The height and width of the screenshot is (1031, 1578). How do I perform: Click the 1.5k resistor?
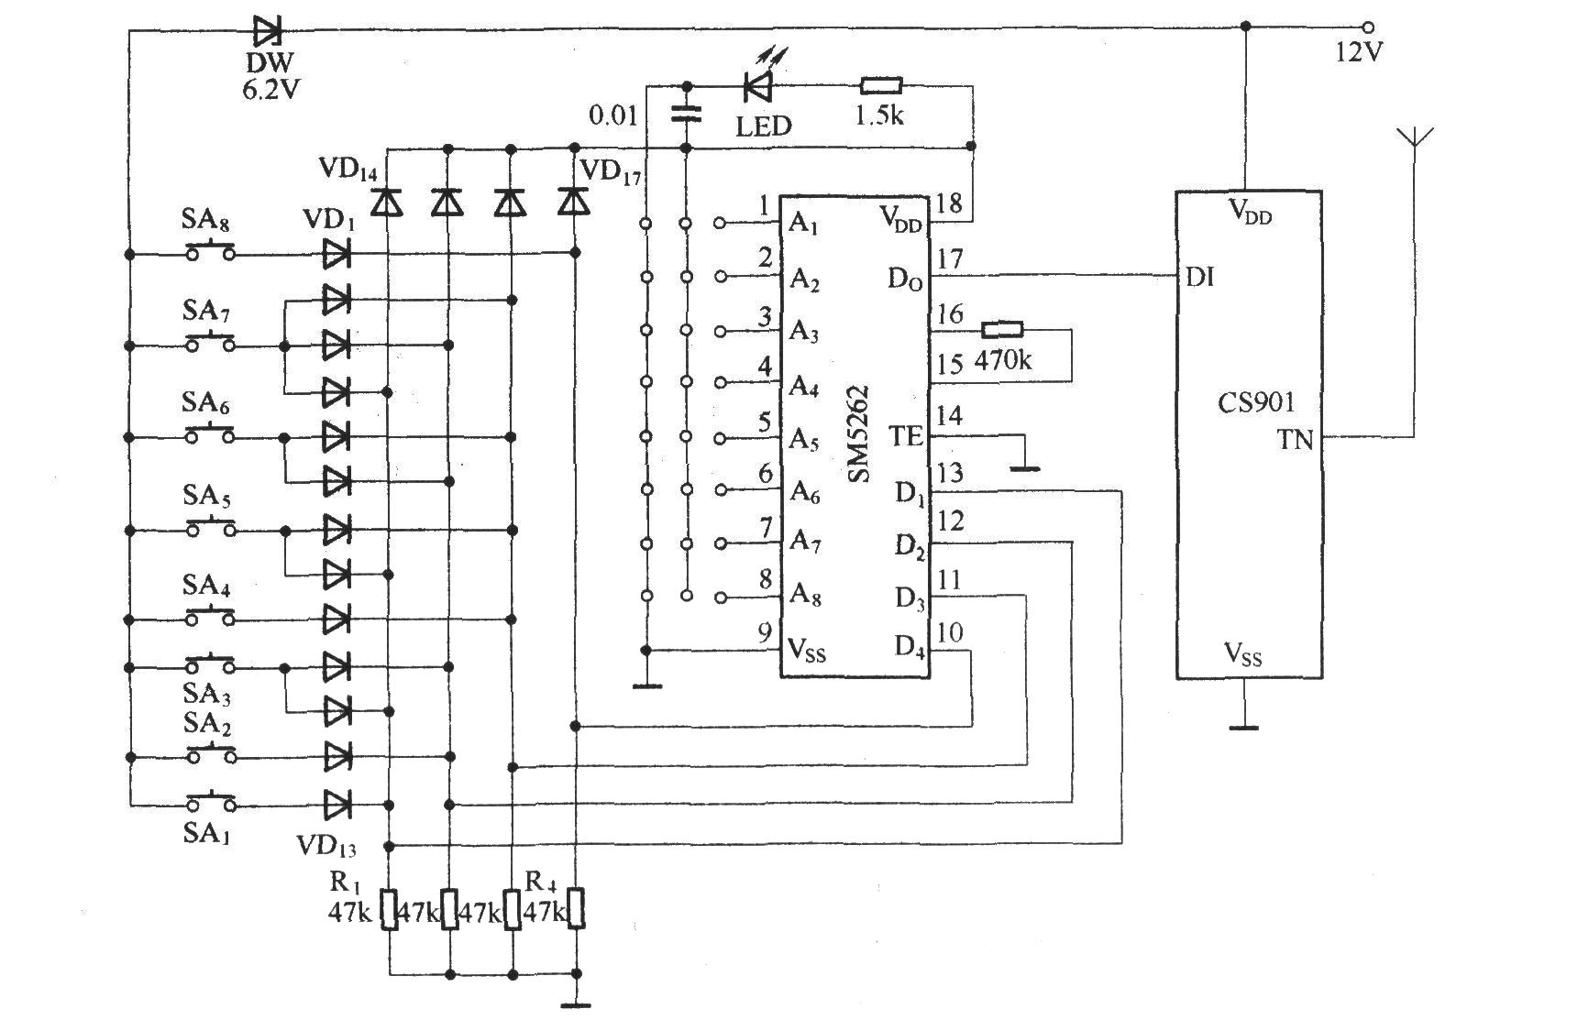point(881,87)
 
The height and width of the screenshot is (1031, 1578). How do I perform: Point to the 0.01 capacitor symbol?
point(686,114)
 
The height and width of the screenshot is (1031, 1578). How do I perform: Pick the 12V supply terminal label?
point(1359,52)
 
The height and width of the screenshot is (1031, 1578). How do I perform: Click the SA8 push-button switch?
point(211,250)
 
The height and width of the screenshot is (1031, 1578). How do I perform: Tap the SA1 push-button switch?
point(211,803)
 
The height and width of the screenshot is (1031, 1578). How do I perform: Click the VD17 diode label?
point(612,172)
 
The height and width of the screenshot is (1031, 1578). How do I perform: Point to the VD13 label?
point(327,847)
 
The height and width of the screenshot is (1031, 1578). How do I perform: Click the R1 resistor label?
point(345,883)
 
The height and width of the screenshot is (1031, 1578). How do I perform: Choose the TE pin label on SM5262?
point(906,436)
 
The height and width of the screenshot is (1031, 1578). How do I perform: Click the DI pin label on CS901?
point(1199,276)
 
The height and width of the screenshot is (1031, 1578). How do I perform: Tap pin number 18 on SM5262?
point(950,203)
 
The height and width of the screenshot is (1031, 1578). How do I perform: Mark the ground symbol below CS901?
point(1244,728)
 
